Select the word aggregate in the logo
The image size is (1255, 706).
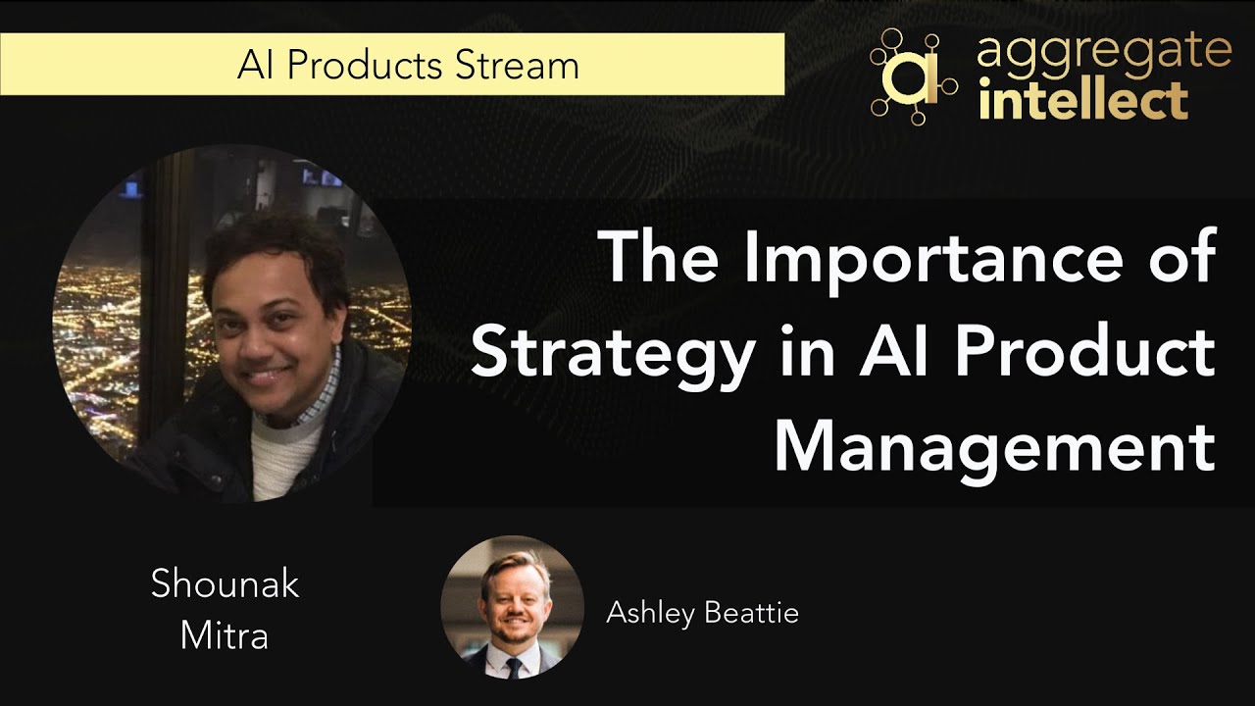tap(1104, 53)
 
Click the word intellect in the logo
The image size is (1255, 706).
tap(1084, 100)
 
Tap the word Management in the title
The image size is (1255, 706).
tap(994, 446)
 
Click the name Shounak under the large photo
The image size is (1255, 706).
tap(225, 584)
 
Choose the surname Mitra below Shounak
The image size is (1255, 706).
tap(225, 635)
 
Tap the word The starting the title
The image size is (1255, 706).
tap(663, 257)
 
